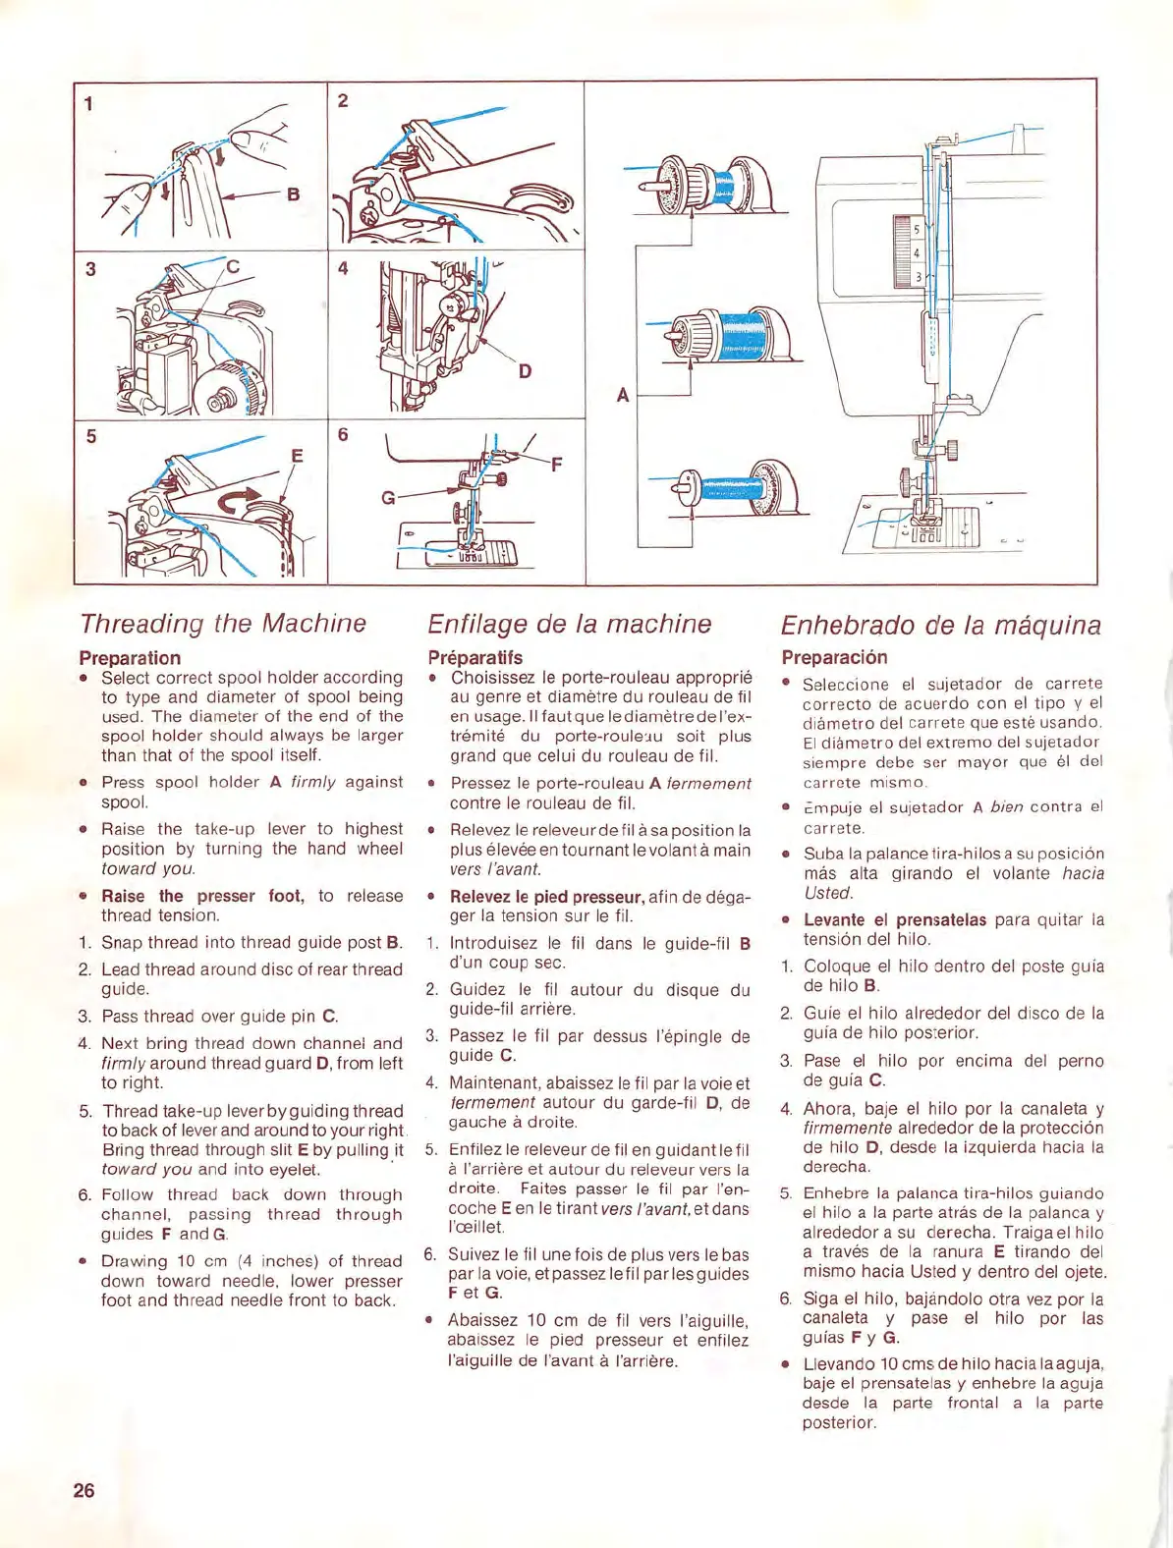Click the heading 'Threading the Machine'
tap(223, 624)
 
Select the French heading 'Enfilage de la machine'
tap(569, 625)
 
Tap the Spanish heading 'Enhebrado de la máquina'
tap(940, 626)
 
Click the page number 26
tap(84, 1490)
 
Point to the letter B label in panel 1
tap(293, 194)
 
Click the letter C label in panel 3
tap(233, 266)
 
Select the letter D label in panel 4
tap(525, 371)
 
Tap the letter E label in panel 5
tap(297, 456)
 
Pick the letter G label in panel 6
tap(388, 498)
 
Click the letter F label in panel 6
tap(557, 464)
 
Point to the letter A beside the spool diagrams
tap(622, 395)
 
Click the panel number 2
tap(343, 100)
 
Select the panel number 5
tap(91, 436)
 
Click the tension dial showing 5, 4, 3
tap(906, 252)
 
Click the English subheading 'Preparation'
tap(130, 658)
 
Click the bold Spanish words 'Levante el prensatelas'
tap(895, 920)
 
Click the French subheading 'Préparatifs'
tap(475, 658)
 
